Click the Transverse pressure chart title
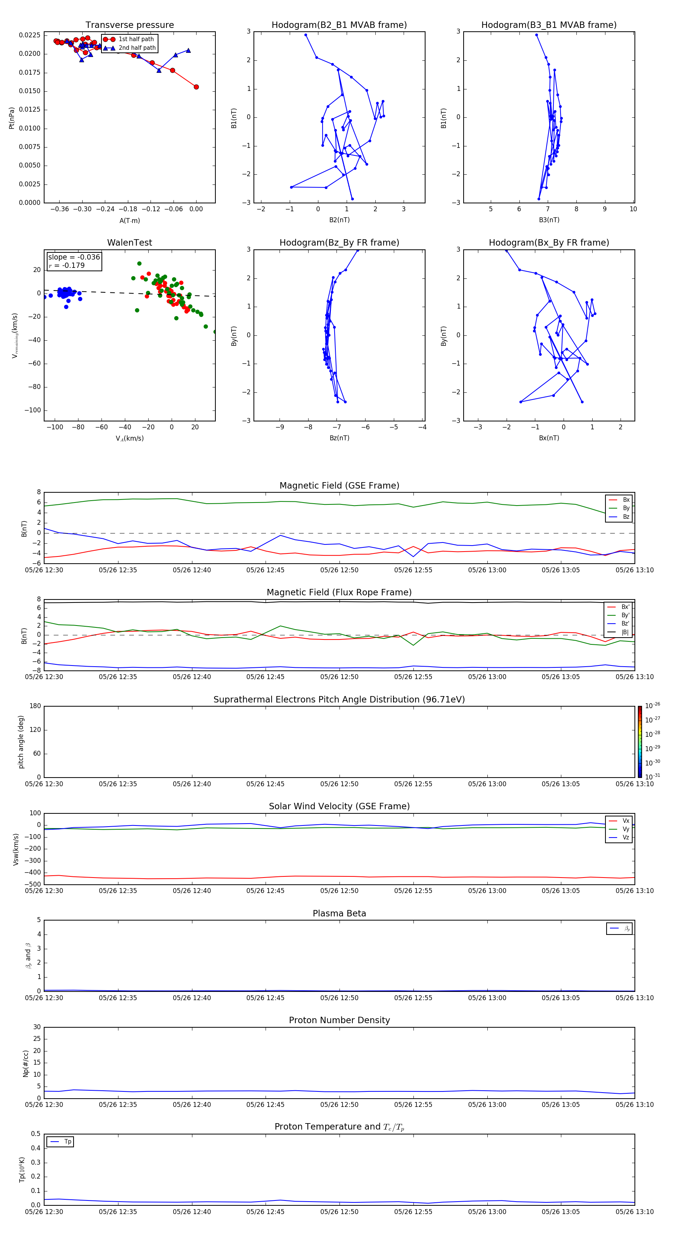pos(129,25)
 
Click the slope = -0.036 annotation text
pos(74,257)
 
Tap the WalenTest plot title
pos(129,243)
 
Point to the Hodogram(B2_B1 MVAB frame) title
pos(339,25)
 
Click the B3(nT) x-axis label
pos(549,220)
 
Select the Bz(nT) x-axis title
pos(339,438)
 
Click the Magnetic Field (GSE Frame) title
pos(339,486)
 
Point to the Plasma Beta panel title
pos(339,913)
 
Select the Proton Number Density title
pos(339,1020)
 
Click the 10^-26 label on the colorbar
pos(653,705)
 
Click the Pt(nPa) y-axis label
pos(12,118)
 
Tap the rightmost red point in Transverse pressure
pos(196,87)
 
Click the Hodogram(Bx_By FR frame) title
pos(549,243)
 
